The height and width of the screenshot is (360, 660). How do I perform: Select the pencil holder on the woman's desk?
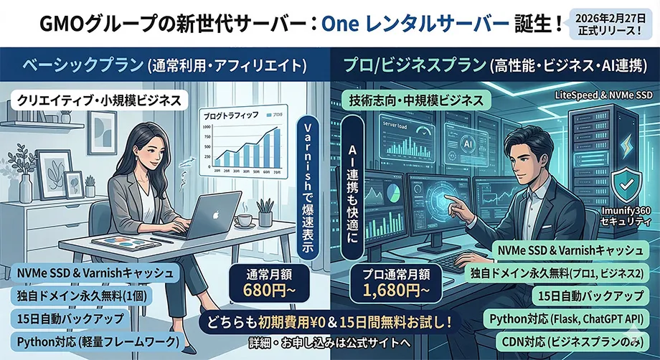coord(265,214)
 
